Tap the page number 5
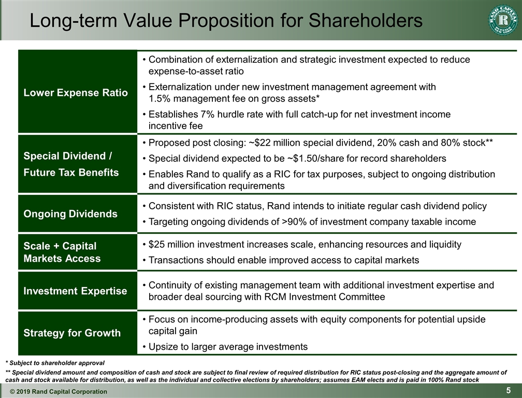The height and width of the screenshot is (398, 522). point(510,390)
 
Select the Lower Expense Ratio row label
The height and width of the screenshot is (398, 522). point(76,93)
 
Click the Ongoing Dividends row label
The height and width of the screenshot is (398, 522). point(70,214)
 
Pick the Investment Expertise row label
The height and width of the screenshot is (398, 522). point(75,291)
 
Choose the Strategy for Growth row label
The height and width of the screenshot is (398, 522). point(72,333)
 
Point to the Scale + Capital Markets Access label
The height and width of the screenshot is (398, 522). point(62,252)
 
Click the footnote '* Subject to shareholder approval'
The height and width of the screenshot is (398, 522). point(55,363)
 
